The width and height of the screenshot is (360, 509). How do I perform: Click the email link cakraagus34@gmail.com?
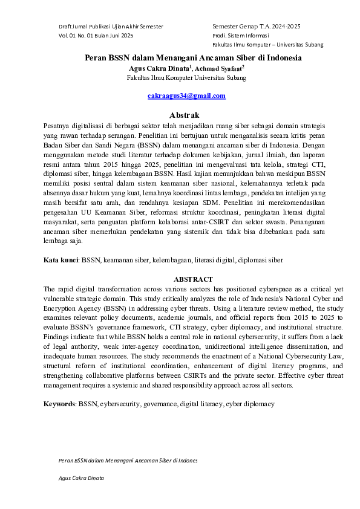click(186, 96)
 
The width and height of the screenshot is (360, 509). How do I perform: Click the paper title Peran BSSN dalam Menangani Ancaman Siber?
click(192, 58)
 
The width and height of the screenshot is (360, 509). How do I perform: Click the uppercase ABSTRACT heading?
click(193, 279)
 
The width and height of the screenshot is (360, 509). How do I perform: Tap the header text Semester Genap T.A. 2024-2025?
click(256, 27)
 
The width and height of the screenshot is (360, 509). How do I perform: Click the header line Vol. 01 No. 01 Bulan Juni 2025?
click(96, 36)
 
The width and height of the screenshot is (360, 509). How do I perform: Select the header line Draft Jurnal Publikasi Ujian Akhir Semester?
click(111, 27)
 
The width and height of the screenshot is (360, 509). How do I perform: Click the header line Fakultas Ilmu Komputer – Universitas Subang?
click(267, 45)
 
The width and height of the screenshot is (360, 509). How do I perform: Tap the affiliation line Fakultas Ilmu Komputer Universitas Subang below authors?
click(186, 77)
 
